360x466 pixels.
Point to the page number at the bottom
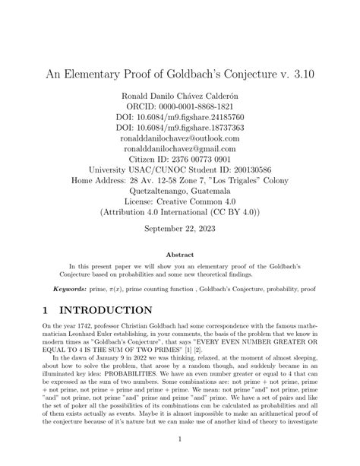coord(179,439)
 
